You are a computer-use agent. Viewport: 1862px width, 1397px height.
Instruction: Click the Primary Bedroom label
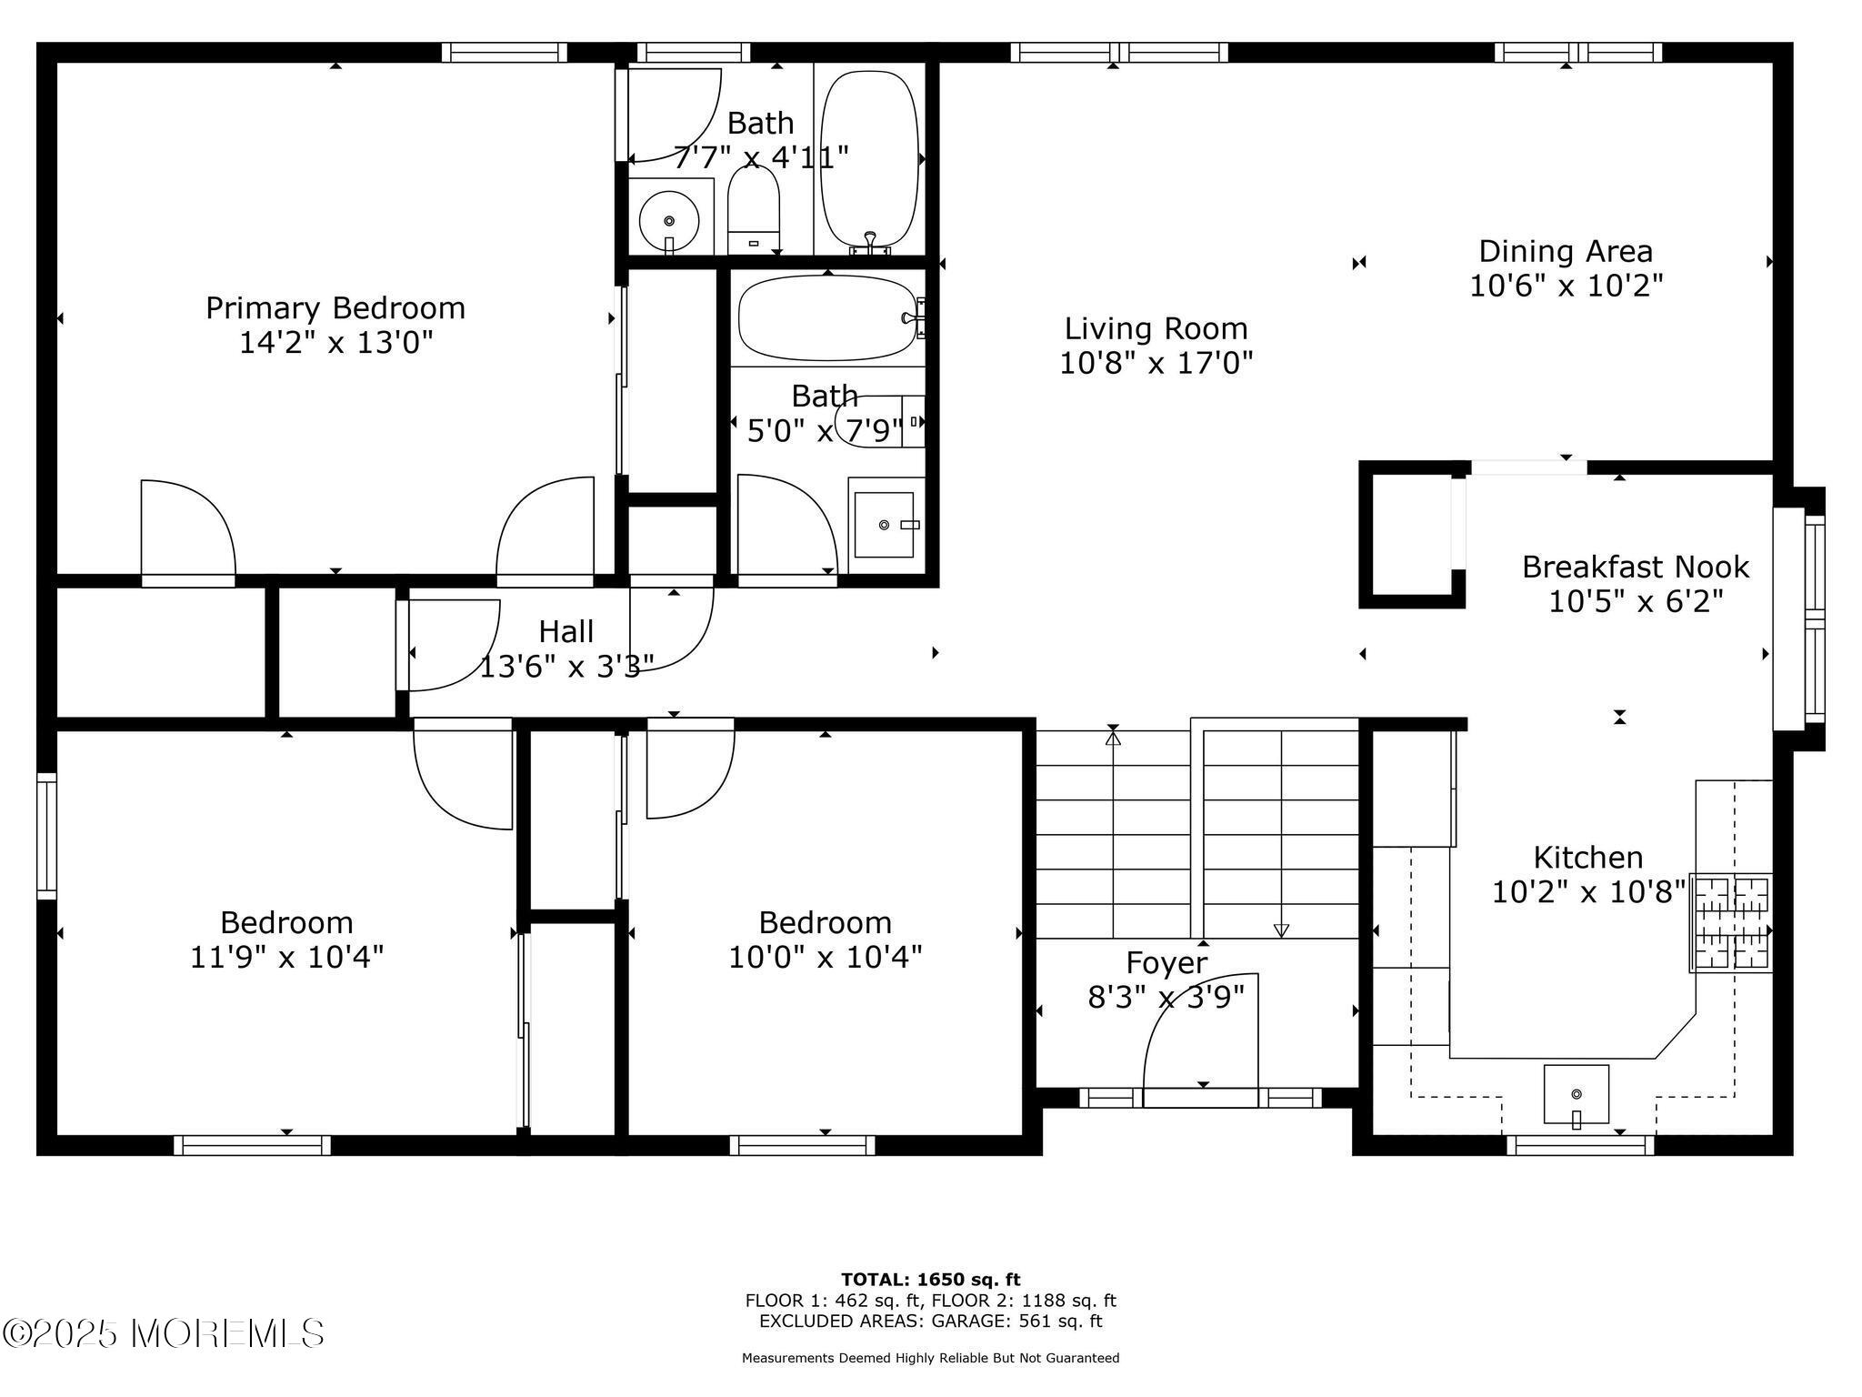pyautogui.click(x=335, y=308)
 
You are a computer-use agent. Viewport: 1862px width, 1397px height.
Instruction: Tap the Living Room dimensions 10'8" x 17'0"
pyautogui.click(x=1156, y=364)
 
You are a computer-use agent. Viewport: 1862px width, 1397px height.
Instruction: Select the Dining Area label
pyautogui.click(x=1566, y=251)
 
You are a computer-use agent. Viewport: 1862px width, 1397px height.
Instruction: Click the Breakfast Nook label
pyautogui.click(x=1635, y=567)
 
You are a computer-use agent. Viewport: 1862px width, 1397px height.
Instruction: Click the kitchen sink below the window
pyautogui.click(x=1576, y=1094)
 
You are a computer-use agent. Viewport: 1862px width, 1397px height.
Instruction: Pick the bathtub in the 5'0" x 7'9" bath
pyautogui.click(x=827, y=318)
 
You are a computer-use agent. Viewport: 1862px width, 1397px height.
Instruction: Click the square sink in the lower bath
pyautogui.click(x=884, y=525)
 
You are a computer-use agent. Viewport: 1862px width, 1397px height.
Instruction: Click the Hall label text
pyautogui.click(x=566, y=631)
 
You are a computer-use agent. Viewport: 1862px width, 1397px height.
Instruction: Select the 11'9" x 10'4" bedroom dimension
pyautogui.click(x=286, y=958)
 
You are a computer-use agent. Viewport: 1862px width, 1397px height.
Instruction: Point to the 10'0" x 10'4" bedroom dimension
pyautogui.click(x=825, y=958)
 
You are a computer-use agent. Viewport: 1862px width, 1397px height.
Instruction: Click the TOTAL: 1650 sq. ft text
pyautogui.click(x=930, y=1280)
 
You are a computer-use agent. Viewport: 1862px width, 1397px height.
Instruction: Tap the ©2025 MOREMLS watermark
pyautogui.click(x=164, y=1333)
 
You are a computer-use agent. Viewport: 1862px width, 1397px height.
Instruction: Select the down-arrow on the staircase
pyautogui.click(x=1281, y=930)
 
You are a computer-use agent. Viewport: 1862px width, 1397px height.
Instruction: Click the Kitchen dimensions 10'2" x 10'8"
pyautogui.click(x=1587, y=892)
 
